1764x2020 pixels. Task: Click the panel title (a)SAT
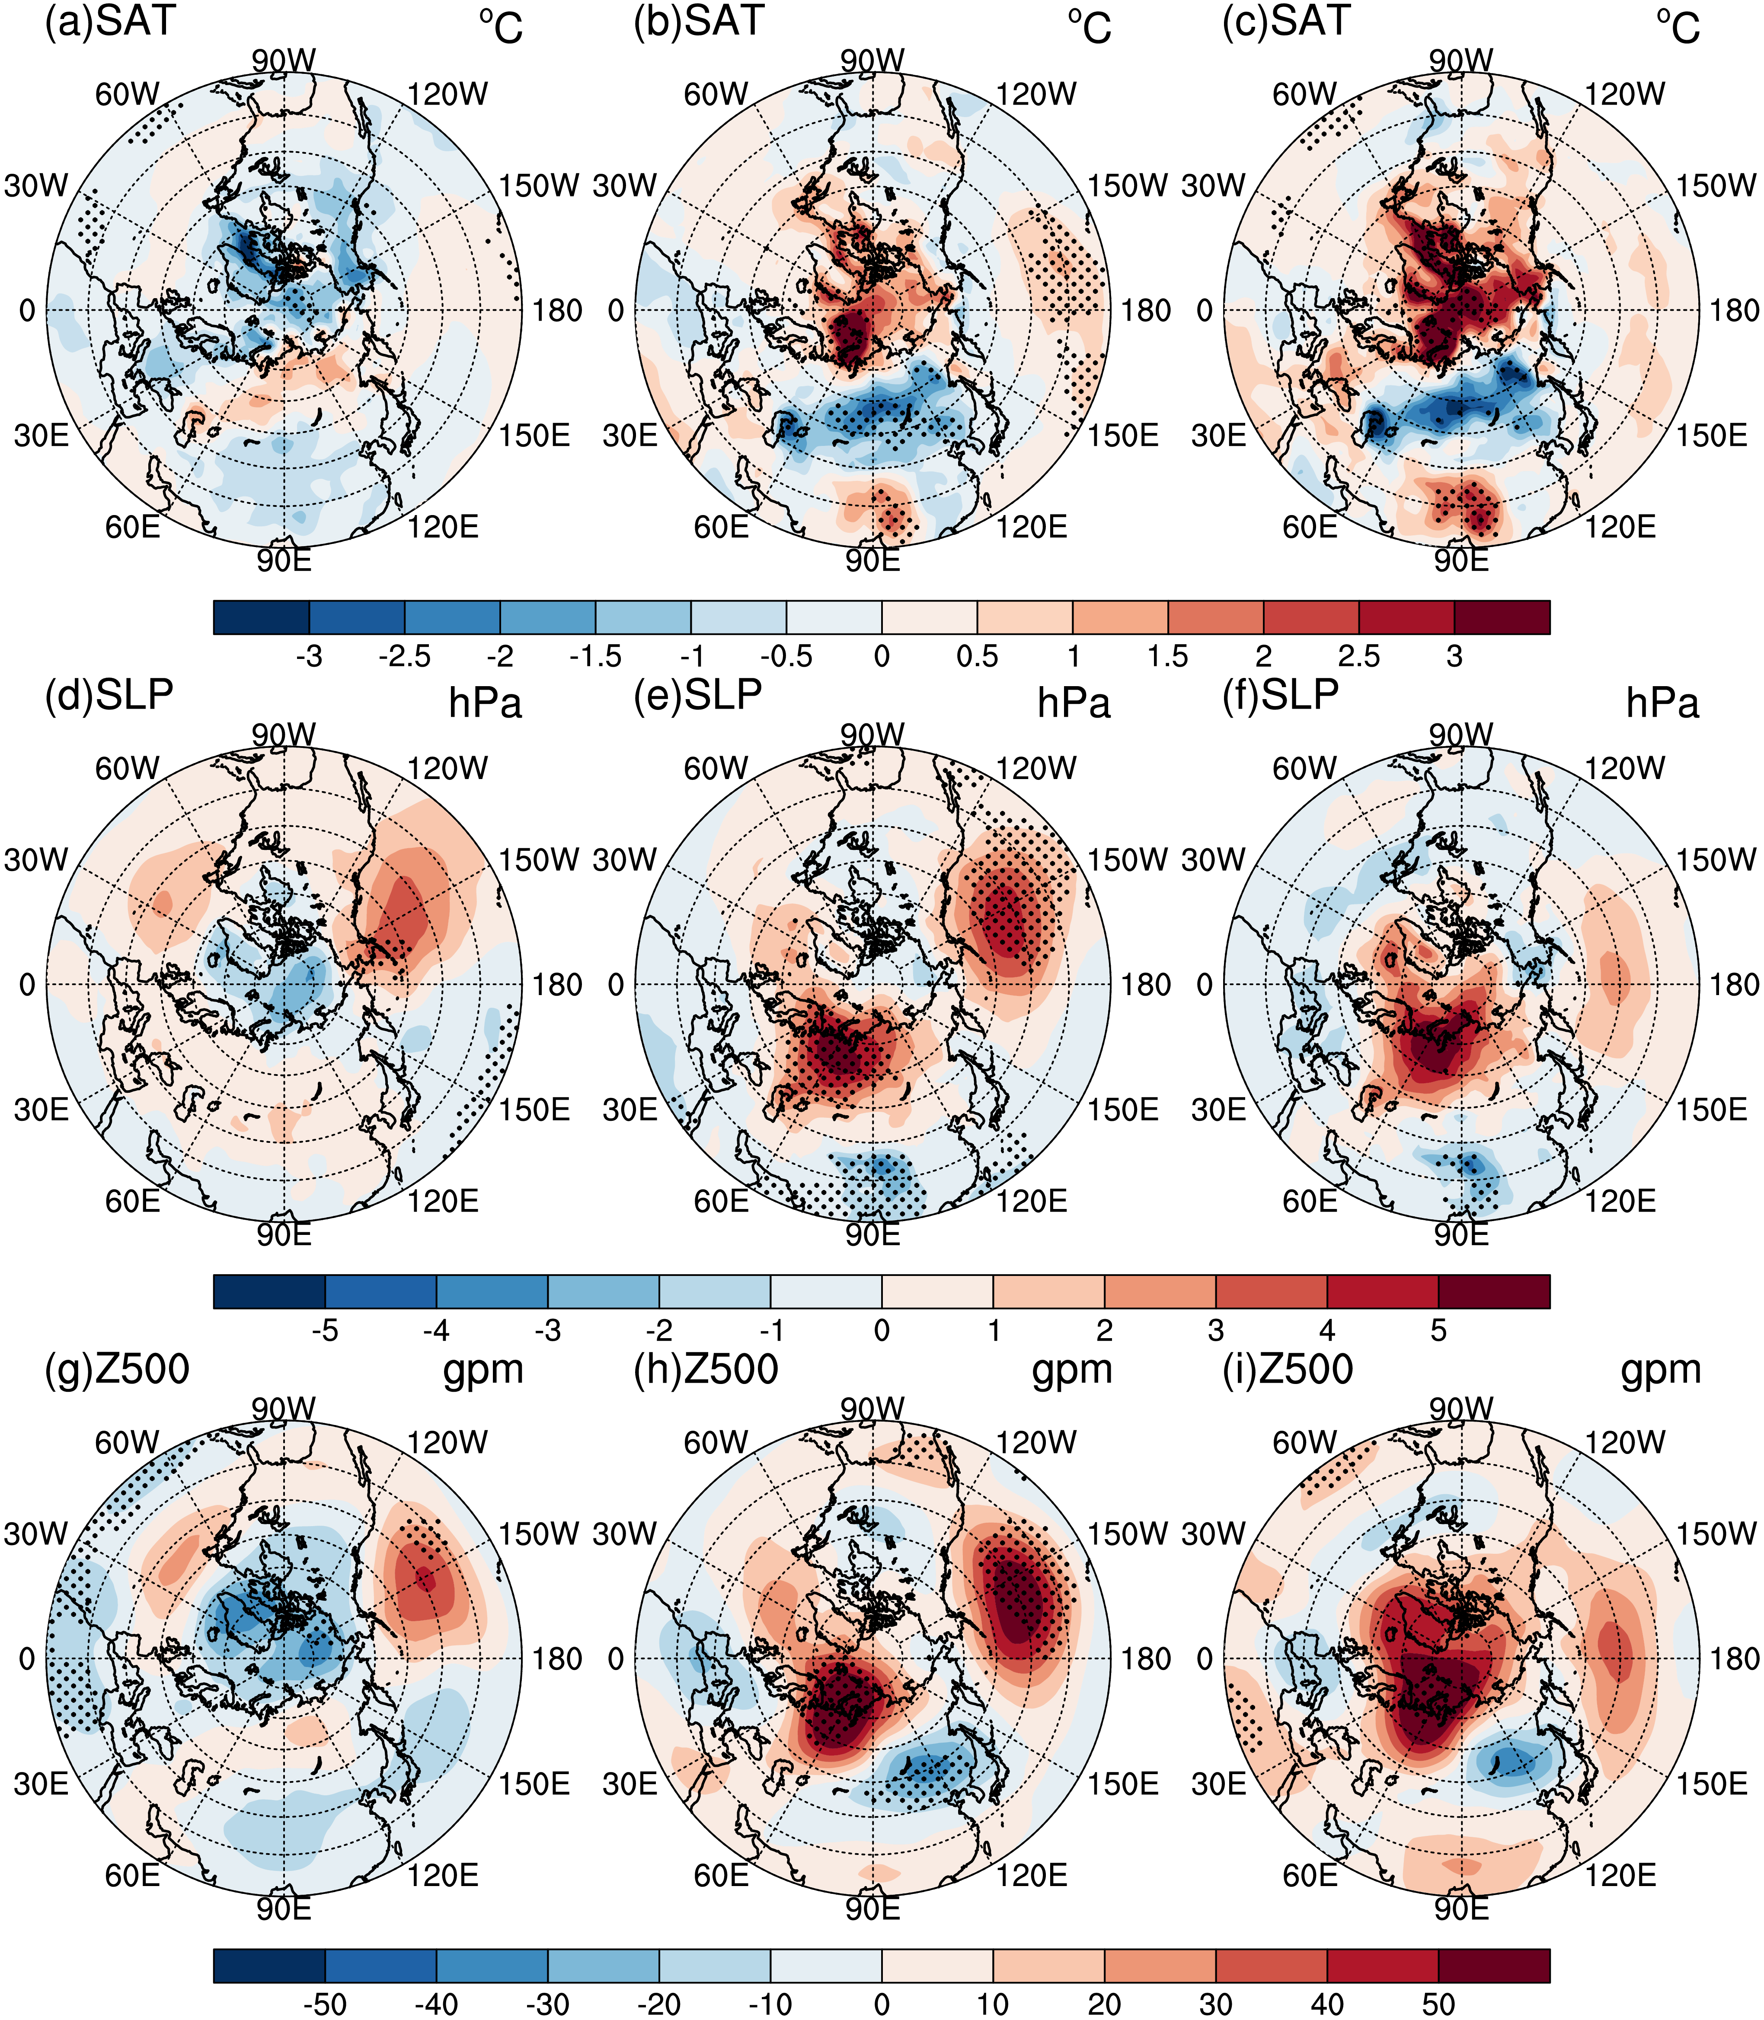110,22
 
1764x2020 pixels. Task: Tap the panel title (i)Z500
1288,1370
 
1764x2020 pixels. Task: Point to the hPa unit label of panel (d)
485,703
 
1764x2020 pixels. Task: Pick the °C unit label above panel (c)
1678,28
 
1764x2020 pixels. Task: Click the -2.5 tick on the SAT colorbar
405,656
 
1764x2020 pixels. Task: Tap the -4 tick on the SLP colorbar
436,1330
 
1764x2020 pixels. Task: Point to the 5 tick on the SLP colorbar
1438,1330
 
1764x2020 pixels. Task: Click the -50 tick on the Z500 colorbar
325,2004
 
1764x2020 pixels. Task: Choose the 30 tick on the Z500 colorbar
1216,2004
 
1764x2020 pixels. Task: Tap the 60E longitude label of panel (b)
722,528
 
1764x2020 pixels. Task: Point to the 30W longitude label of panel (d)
36,860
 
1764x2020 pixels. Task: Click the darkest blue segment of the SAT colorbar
261,617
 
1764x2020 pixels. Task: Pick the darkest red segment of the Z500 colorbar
1494,1965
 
